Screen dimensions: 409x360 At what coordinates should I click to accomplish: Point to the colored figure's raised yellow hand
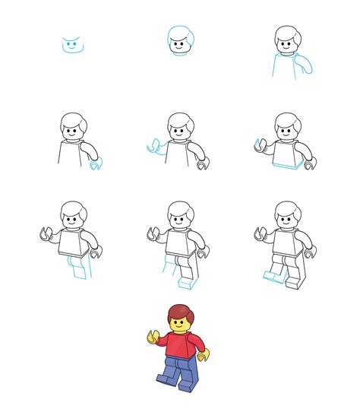click(154, 335)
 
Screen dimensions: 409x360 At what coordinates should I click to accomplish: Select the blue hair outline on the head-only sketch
click(179, 34)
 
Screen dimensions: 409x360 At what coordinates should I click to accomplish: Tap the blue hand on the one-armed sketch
click(94, 163)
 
